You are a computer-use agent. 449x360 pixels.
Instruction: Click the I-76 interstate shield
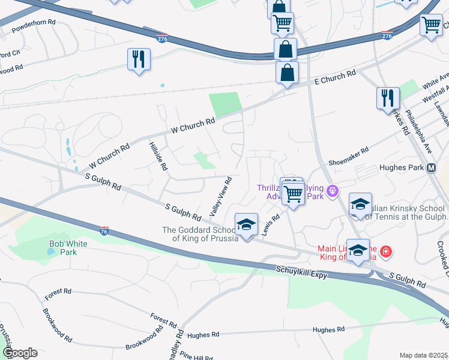coord(105,230)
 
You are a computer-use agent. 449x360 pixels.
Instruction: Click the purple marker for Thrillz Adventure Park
coord(334,192)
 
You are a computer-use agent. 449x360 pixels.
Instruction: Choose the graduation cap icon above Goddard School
coord(246,225)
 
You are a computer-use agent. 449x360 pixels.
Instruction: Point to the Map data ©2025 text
coord(423,355)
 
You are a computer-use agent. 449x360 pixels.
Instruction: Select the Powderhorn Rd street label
coord(34,22)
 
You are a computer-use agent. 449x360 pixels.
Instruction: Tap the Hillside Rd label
coord(157,156)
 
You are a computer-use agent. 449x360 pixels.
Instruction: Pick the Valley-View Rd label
coord(220,197)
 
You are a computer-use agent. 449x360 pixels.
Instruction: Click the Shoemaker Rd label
coord(348,159)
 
